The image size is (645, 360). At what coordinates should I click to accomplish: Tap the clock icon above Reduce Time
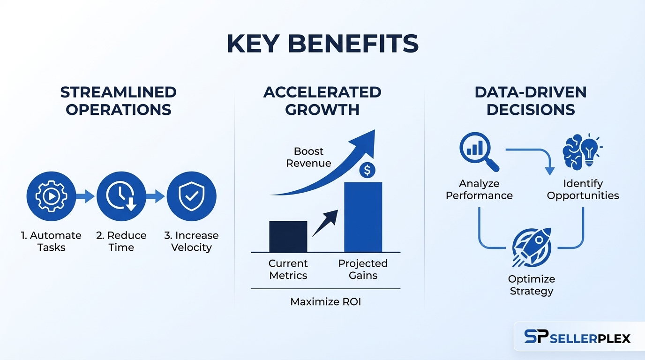coord(121,196)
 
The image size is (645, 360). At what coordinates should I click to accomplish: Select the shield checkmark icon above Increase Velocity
coord(191,196)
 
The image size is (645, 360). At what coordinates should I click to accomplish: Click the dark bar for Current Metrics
coord(288,236)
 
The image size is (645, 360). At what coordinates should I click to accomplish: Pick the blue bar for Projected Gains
coord(363,217)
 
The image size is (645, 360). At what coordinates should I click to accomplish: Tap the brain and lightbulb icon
coord(582,150)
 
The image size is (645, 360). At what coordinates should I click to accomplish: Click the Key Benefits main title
coord(322,45)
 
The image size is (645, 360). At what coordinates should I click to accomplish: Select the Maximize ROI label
coord(326,302)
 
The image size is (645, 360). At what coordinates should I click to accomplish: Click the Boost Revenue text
coord(308,157)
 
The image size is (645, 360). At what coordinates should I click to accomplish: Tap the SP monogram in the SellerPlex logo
coord(536,337)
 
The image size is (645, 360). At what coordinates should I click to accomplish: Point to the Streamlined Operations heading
coord(118,101)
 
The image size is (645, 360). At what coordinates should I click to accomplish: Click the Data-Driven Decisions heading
coord(531,101)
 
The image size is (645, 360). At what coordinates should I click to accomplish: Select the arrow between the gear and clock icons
coord(85,196)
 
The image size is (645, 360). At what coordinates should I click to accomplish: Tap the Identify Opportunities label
coord(583,189)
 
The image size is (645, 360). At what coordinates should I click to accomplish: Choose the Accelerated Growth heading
coord(322,101)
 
